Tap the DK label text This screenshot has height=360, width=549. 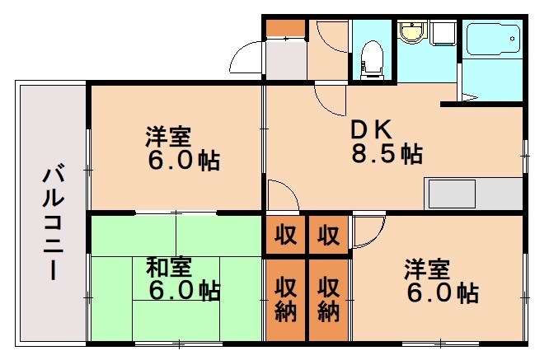[x=376, y=129]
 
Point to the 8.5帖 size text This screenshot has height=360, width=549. [x=387, y=154]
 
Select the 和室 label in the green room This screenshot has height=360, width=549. [x=169, y=269]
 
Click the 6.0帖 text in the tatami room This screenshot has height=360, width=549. [x=183, y=291]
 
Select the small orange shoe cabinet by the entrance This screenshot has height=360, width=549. [x=285, y=28]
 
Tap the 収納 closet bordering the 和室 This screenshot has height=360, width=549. [x=285, y=298]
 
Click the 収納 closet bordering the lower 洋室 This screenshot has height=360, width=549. [x=329, y=298]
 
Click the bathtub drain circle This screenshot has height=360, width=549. [x=514, y=38]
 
